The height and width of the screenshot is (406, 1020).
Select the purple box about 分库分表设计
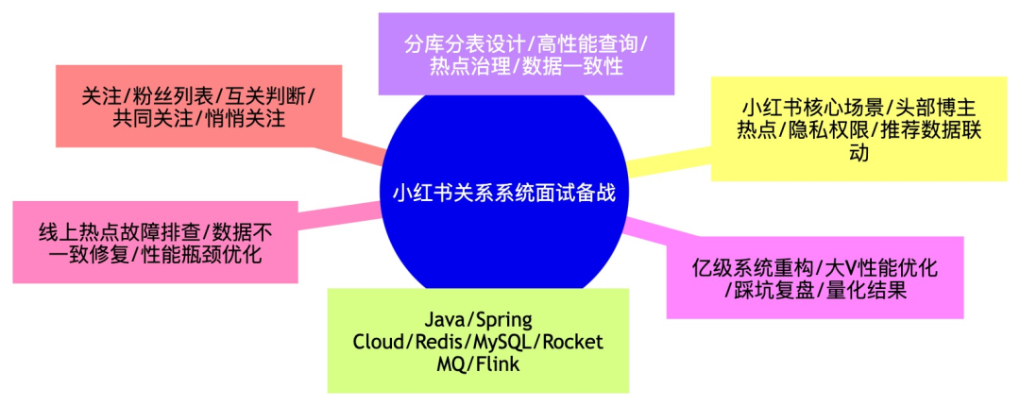coord(526,54)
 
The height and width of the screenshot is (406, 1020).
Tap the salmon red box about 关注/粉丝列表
coord(197,108)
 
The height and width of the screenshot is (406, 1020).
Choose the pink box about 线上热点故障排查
coord(155,243)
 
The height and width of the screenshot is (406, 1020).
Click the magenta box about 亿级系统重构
coord(815,278)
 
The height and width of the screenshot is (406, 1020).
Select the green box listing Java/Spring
coord(477,341)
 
